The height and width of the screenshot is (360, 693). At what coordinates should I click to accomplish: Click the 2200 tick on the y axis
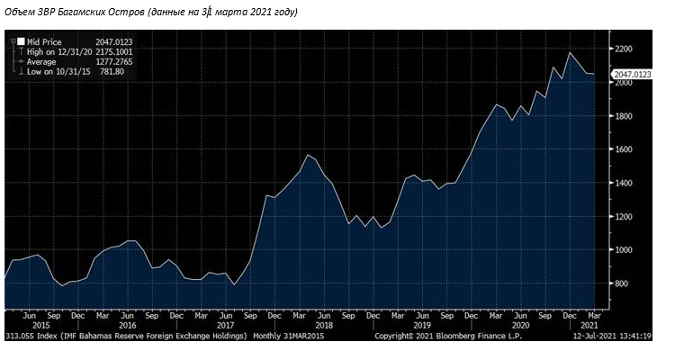625,49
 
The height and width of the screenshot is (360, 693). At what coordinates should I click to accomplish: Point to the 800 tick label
623,283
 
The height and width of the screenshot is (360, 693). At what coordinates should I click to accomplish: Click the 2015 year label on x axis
30,326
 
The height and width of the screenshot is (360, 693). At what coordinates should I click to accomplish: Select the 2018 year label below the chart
323,326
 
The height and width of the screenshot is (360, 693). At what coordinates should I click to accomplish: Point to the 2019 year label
421,326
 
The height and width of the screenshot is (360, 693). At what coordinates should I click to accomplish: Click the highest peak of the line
570,52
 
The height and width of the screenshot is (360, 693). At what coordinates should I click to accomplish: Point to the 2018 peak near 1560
308,155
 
